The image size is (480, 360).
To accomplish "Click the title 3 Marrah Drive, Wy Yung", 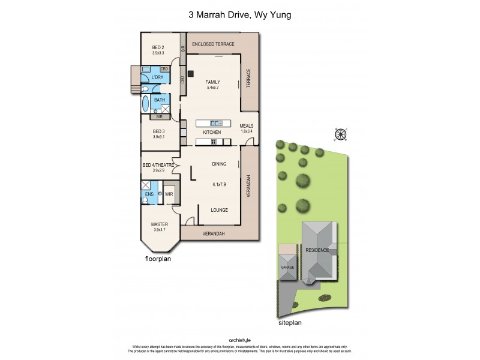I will (239, 15).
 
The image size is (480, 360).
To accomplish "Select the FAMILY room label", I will (212, 82).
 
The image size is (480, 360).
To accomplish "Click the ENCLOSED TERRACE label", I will (213, 44).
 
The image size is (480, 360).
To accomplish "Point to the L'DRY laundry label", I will (157, 77).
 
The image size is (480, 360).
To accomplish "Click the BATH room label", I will (159, 100).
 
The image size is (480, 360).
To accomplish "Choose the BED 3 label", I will (158, 131).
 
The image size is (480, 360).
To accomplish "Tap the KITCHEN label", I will (212, 132).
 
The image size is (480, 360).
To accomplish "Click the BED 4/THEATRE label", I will (158, 166).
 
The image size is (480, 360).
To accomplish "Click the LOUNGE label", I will (219, 210).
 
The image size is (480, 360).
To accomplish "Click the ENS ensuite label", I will (149, 194).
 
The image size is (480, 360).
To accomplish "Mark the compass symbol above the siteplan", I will (341, 134).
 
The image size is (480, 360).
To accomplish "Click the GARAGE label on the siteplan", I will (287, 266).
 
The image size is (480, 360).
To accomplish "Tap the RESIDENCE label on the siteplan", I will (317, 250).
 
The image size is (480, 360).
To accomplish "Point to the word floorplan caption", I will (158, 259).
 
